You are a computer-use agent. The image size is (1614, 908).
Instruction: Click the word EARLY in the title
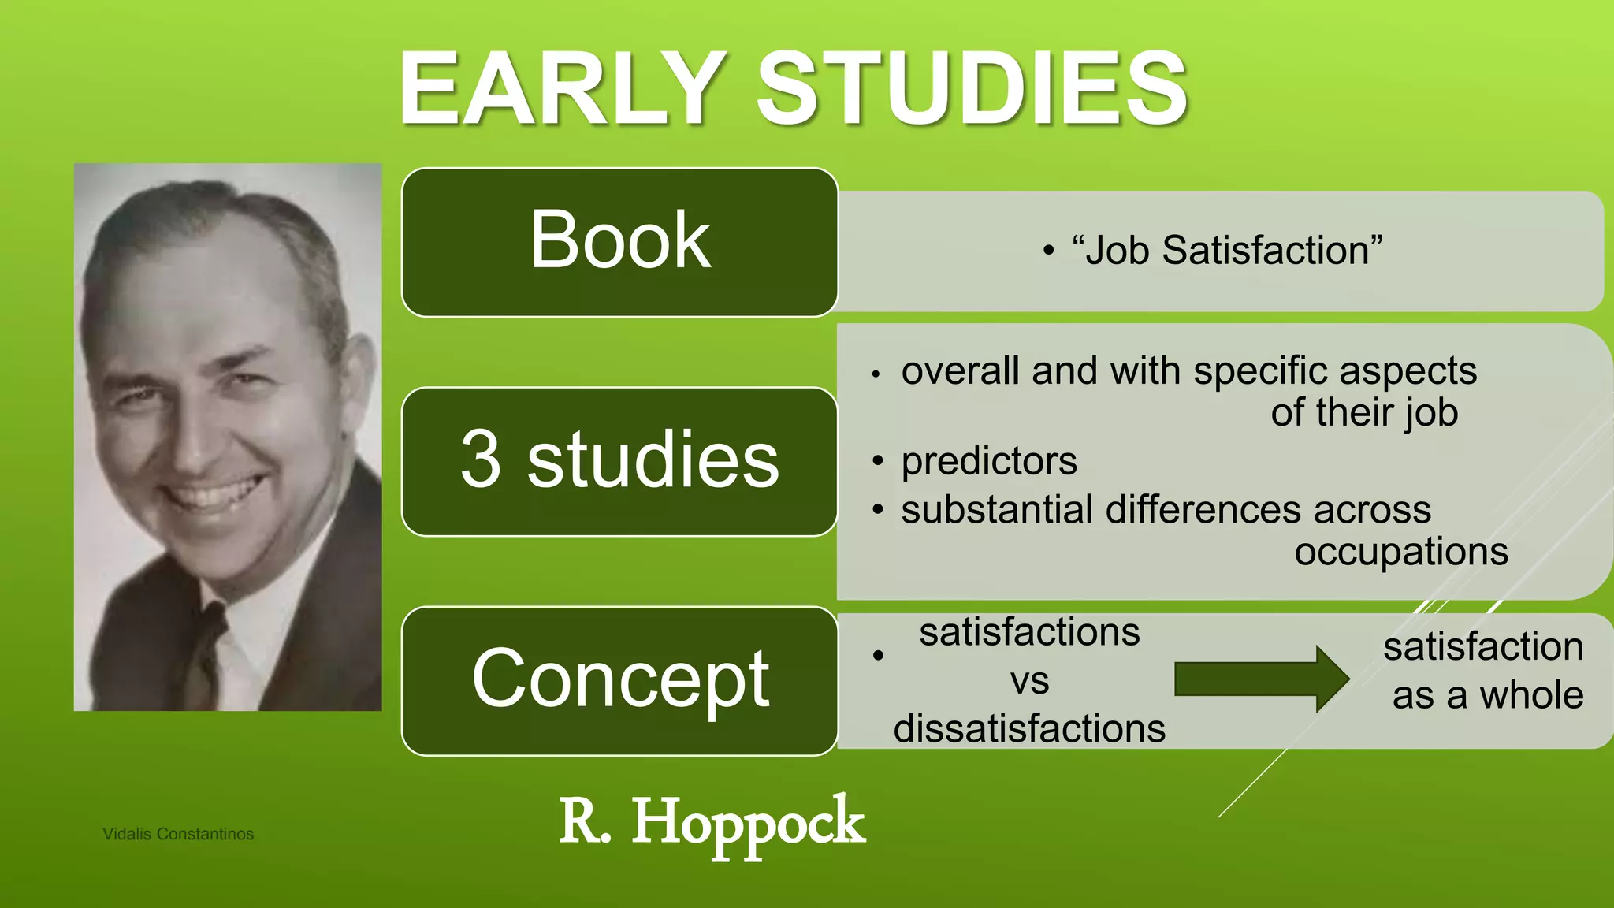(561, 88)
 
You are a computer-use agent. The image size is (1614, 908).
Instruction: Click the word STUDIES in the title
(971, 88)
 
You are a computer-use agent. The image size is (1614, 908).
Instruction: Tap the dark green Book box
(619, 241)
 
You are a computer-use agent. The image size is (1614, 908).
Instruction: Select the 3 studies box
(619, 460)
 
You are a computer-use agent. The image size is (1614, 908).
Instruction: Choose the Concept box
(619, 679)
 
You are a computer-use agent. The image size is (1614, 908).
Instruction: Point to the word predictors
(988, 461)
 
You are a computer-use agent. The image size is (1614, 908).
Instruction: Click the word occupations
(1400, 551)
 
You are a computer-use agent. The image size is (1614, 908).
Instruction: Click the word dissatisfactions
(1028, 728)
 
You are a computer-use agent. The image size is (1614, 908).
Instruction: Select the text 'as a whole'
(1487, 695)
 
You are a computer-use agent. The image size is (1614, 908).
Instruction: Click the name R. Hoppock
(712, 823)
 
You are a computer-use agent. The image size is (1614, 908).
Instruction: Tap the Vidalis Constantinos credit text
(178, 834)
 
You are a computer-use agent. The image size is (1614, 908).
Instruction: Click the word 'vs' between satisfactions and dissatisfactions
(1029, 681)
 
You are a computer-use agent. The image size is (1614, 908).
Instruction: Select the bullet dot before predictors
(877, 461)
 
